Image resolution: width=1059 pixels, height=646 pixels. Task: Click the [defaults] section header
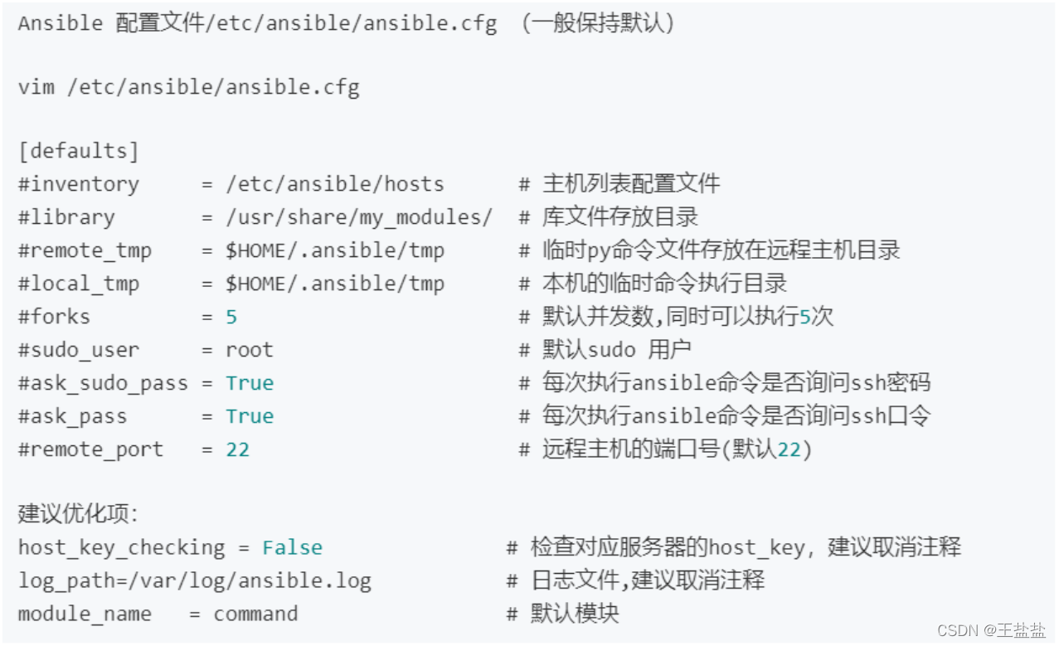coord(78,151)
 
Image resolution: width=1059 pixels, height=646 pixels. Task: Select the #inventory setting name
coord(78,184)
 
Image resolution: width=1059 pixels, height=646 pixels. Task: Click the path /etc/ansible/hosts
coord(335,184)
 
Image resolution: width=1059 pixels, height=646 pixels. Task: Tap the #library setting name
coord(66,217)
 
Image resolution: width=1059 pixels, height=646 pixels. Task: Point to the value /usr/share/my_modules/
coord(359,217)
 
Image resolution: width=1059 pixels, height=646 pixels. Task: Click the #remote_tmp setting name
coord(85,250)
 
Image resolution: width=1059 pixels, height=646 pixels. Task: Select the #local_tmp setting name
coord(79,284)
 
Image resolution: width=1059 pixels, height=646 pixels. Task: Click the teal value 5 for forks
coord(231,317)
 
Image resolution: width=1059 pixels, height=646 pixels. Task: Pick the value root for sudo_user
coord(249,350)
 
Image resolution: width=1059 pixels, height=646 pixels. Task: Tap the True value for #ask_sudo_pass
coord(249,383)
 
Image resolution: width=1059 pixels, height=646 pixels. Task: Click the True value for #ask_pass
coord(249,416)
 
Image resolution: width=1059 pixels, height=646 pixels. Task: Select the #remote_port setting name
coord(90,449)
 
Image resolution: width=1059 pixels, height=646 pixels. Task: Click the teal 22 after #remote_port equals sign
coord(237,449)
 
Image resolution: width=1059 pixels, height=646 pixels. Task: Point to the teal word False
coord(292,548)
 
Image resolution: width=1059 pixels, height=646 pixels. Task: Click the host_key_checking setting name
coord(121,548)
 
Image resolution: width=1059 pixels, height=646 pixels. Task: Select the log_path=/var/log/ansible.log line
coord(194,581)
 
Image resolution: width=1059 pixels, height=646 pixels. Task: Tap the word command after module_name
coord(255,614)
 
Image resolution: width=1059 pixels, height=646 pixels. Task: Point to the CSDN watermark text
coord(991,630)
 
